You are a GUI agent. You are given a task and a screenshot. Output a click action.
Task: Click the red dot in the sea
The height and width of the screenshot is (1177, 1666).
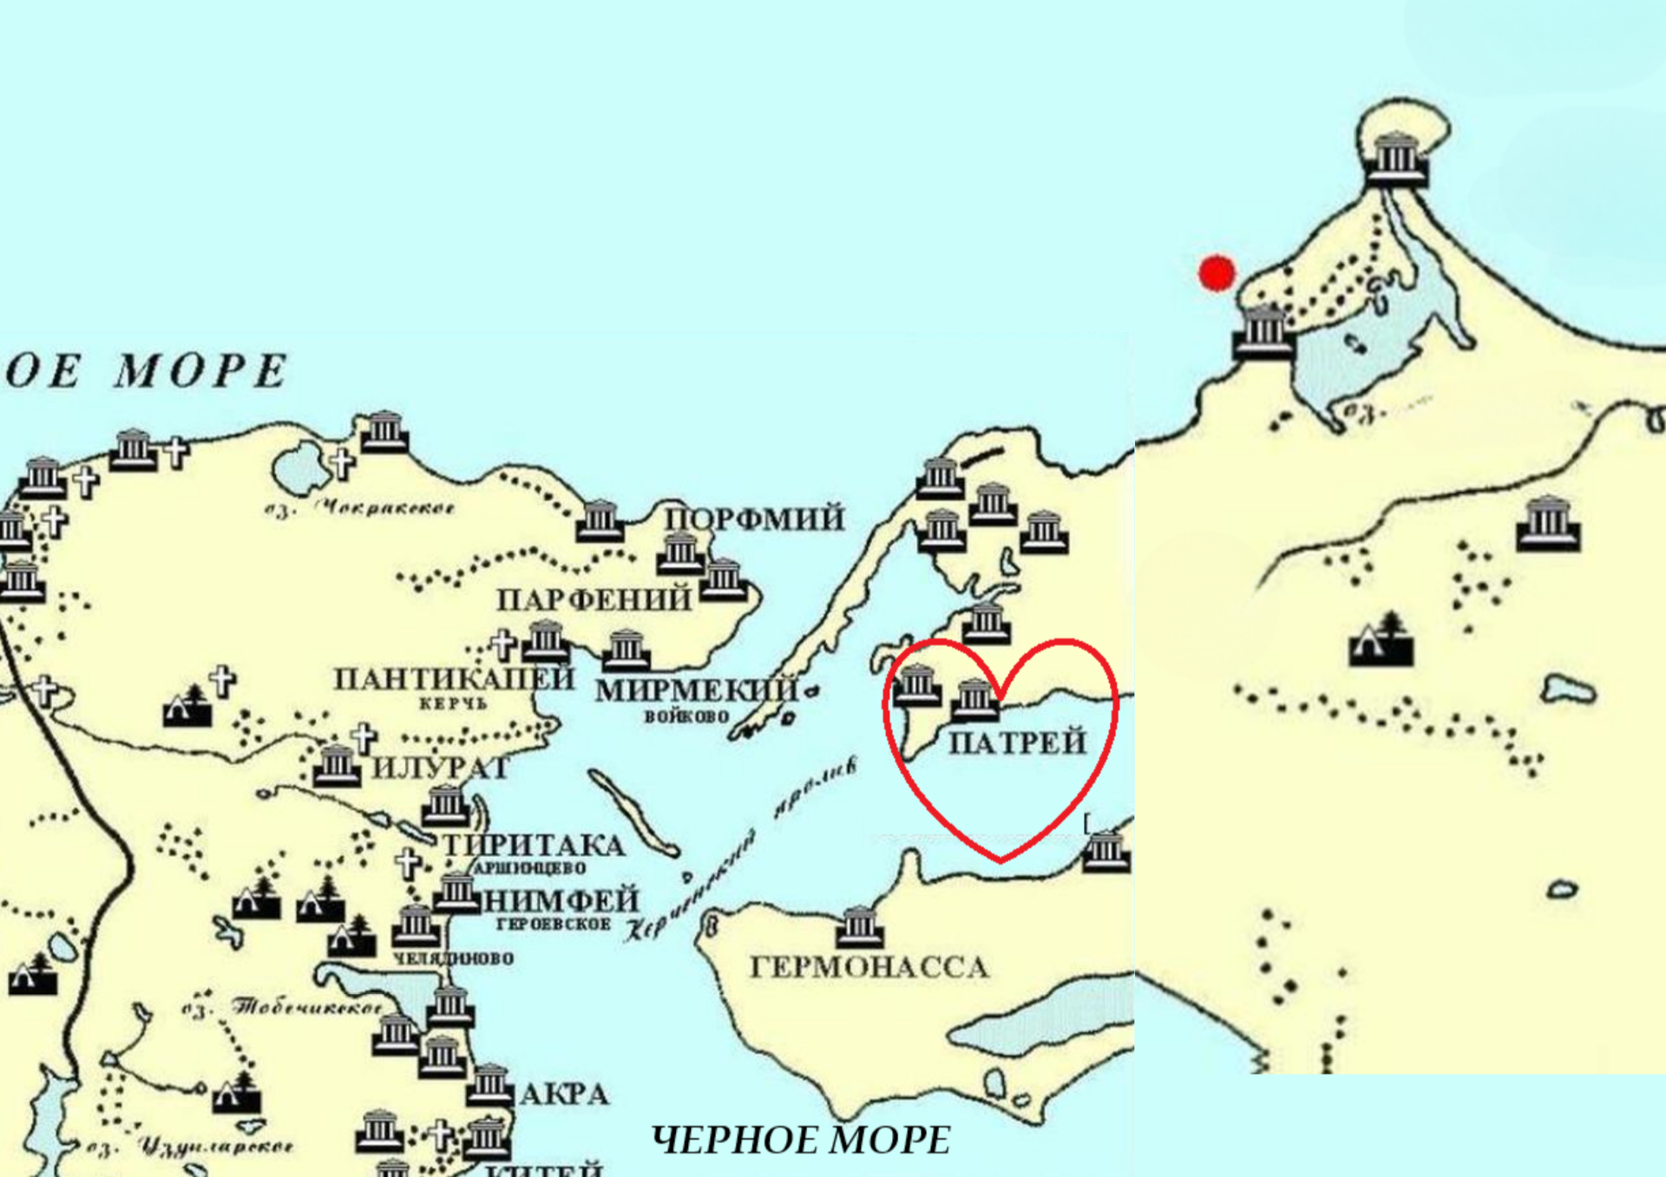click(x=1217, y=272)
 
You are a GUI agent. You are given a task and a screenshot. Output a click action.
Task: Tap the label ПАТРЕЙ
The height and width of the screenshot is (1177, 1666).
click(x=1017, y=742)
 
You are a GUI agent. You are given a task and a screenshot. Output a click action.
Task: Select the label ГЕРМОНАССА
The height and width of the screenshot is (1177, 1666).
click(x=869, y=967)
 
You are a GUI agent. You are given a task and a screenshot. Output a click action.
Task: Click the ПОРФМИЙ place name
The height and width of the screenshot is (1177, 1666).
click(x=754, y=519)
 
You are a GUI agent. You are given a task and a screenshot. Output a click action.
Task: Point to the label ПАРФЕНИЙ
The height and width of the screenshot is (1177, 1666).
click(x=594, y=599)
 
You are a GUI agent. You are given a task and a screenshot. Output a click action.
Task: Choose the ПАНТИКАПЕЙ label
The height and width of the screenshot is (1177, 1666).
click(x=454, y=678)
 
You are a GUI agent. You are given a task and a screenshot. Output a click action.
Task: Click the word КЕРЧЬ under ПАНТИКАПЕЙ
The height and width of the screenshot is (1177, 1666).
click(x=453, y=703)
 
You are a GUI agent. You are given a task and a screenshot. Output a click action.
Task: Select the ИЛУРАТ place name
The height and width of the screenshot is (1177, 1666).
click(x=440, y=768)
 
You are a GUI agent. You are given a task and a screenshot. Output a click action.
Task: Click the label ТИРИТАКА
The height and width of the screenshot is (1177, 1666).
click(x=534, y=845)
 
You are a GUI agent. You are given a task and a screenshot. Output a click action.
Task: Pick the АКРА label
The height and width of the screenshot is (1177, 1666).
click(x=564, y=1095)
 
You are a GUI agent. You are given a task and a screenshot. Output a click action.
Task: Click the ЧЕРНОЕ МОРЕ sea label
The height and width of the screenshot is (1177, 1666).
click(x=800, y=1141)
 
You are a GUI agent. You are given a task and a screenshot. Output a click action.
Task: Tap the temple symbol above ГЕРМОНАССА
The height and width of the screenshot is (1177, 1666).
click(x=859, y=926)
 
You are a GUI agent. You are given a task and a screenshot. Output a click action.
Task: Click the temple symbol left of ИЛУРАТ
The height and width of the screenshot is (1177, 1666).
click(x=336, y=765)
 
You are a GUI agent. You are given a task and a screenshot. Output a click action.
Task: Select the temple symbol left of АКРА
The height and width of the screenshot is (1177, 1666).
click(x=489, y=1084)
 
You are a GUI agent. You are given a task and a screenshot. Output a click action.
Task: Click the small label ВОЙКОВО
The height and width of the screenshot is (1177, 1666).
click(x=686, y=716)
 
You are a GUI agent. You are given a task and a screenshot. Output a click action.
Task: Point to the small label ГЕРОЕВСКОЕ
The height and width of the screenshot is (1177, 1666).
click(x=553, y=925)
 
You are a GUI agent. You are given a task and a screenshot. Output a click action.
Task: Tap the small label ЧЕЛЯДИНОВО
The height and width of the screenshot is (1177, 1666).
click(x=453, y=958)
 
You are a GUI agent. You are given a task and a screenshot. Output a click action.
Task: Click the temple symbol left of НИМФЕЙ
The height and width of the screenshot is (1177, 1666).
click(x=456, y=893)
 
